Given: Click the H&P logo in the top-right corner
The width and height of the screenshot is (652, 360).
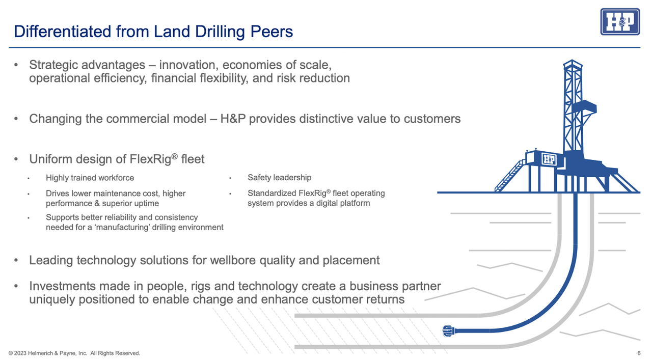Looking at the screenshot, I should pos(619,22).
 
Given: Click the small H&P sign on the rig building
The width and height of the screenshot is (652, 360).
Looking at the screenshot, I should pos(549,159).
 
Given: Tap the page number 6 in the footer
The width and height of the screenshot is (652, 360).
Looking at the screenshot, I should pos(639,353).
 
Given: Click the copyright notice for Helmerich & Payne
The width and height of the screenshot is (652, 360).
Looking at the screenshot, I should pos(74,353).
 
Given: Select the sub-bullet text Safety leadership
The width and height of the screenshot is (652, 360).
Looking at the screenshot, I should pos(279,178).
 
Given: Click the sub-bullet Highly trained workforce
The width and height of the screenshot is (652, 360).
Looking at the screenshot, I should pos(90,178).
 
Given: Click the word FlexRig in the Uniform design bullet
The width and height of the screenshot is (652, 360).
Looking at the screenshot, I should pos(147,159).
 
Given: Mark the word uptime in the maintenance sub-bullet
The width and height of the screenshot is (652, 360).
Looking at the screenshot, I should pos(146,203).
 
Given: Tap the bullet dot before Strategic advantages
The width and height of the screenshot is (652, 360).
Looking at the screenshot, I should pos(17,65).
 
